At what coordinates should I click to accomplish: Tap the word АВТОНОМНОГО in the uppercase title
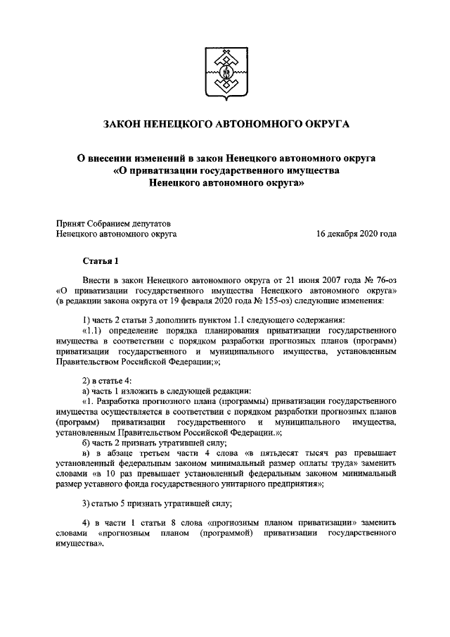(x=251, y=125)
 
